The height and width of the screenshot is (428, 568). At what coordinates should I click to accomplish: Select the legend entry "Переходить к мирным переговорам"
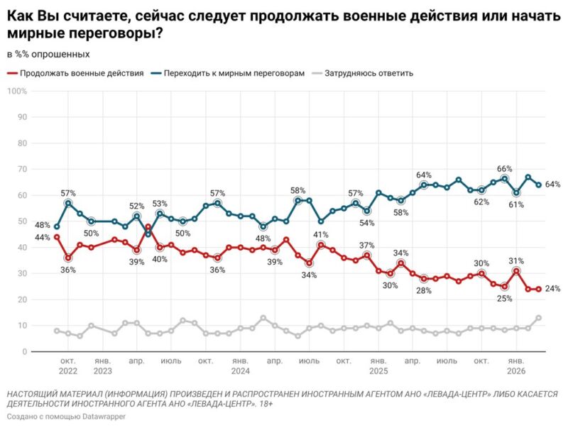[233, 72]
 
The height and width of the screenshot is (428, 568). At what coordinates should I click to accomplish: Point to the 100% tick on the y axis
[17, 91]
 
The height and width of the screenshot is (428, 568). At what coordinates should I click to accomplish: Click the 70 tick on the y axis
[21, 169]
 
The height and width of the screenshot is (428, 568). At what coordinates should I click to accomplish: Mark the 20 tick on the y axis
[21, 300]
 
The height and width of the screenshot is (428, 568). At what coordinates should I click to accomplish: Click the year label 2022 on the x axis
[68, 371]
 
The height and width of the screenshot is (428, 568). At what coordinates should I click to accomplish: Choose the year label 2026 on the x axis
[517, 371]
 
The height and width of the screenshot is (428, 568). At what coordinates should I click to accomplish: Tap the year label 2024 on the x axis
[240, 371]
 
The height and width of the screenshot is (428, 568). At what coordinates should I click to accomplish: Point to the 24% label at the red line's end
[552, 289]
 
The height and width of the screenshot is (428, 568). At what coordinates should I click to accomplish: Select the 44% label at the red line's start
[42, 237]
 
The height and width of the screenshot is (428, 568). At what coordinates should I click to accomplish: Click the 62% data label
[481, 202]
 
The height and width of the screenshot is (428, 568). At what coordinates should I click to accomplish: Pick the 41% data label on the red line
[321, 234]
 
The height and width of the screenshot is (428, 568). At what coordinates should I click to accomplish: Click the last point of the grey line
[539, 318]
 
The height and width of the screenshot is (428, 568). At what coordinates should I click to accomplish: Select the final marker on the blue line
[539, 185]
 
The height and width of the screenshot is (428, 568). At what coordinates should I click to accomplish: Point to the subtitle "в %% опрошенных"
[48, 53]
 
